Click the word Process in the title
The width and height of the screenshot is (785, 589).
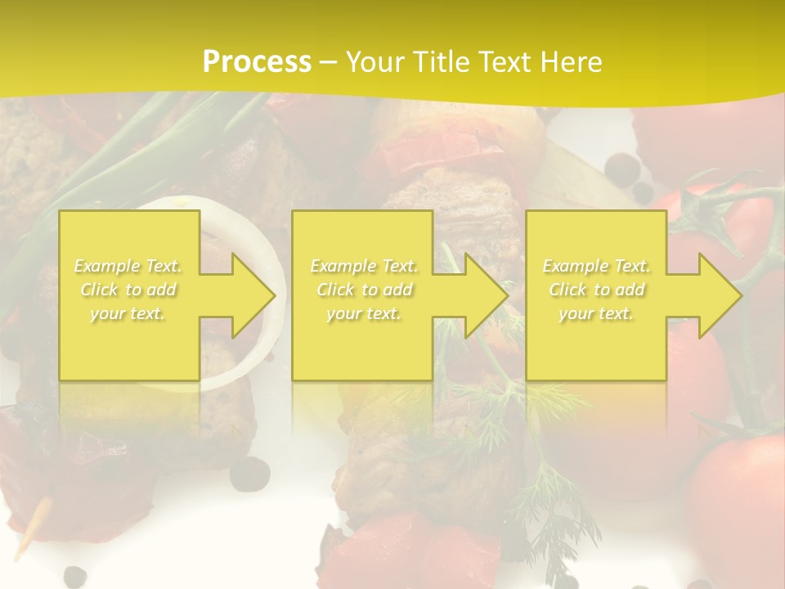pos(257,62)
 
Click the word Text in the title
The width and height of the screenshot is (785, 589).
pos(505,62)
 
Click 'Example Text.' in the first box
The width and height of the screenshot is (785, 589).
pos(128,266)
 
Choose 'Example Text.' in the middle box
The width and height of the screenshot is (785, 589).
pos(364,266)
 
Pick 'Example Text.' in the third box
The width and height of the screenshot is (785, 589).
pos(596,266)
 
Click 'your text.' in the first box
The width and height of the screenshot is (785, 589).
pos(128,313)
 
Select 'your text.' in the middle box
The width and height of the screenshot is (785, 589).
pos(364,313)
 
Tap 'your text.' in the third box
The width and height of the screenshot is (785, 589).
pos(596,313)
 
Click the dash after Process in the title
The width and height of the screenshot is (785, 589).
pos(329,62)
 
